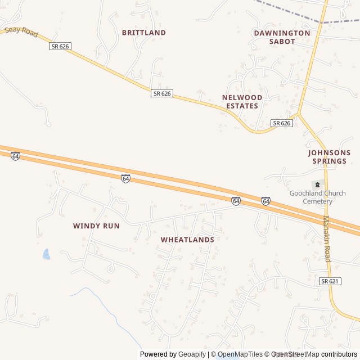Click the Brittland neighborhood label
144,33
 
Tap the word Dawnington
282,33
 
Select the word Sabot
282,42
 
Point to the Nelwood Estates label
242,102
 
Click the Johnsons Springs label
329,157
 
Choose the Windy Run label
96,226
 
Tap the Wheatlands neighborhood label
187,240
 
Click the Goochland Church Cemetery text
317,197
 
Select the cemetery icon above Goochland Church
317,184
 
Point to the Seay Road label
21,32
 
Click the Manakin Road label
326,238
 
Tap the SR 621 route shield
330,281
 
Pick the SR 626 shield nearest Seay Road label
60,46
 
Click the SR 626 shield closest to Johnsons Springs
281,123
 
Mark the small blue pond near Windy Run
46,254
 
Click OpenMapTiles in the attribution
240,354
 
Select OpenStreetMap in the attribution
295,354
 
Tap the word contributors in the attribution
339,354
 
